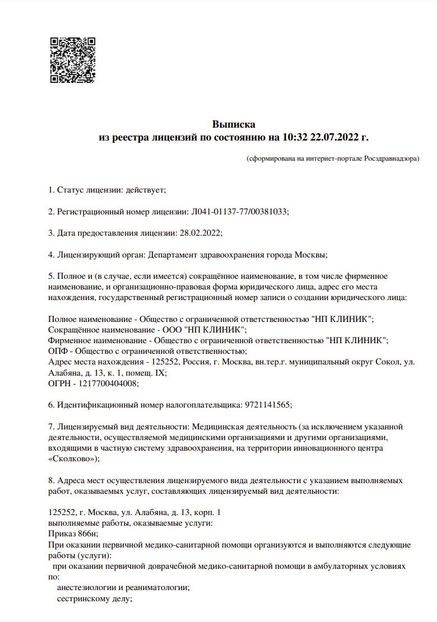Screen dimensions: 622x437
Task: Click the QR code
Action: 73,60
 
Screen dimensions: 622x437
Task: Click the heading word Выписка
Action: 233,124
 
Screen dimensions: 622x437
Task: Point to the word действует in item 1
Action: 146,190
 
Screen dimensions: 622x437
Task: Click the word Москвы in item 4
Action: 310,255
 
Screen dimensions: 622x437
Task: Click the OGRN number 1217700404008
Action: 110,384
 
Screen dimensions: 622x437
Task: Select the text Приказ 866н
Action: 72,534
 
